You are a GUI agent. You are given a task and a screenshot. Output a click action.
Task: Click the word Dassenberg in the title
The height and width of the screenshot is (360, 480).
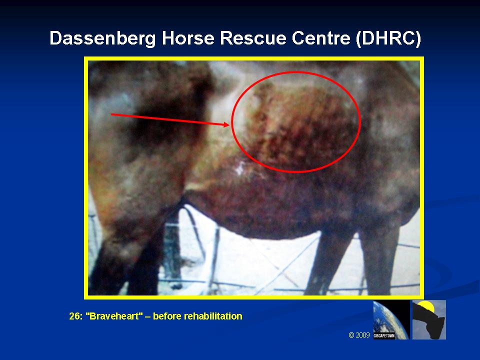click(x=102, y=38)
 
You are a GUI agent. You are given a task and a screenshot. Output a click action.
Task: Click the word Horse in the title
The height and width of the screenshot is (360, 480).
click(x=188, y=38)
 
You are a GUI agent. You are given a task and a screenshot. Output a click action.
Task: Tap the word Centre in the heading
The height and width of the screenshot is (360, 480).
click(x=321, y=38)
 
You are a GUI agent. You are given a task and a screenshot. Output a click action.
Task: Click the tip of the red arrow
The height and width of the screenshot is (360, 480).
click(x=229, y=124)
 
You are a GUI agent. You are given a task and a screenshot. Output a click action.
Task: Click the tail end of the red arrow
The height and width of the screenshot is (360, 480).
click(x=111, y=114)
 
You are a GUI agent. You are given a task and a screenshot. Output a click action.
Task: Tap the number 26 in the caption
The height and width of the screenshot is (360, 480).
click(x=75, y=316)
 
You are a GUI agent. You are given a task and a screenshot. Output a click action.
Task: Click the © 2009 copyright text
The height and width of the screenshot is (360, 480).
click(x=359, y=335)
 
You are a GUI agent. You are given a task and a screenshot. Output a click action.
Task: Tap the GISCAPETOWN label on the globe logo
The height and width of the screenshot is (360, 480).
click(x=384, y=336)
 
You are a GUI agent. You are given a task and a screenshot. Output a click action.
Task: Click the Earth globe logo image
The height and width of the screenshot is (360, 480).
click(x=391, y=319)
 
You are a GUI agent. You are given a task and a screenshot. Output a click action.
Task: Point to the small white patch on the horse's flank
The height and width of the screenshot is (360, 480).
click(x=240, y=167)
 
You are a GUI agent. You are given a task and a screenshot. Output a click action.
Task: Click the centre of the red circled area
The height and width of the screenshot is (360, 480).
click(x=296, y=122)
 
